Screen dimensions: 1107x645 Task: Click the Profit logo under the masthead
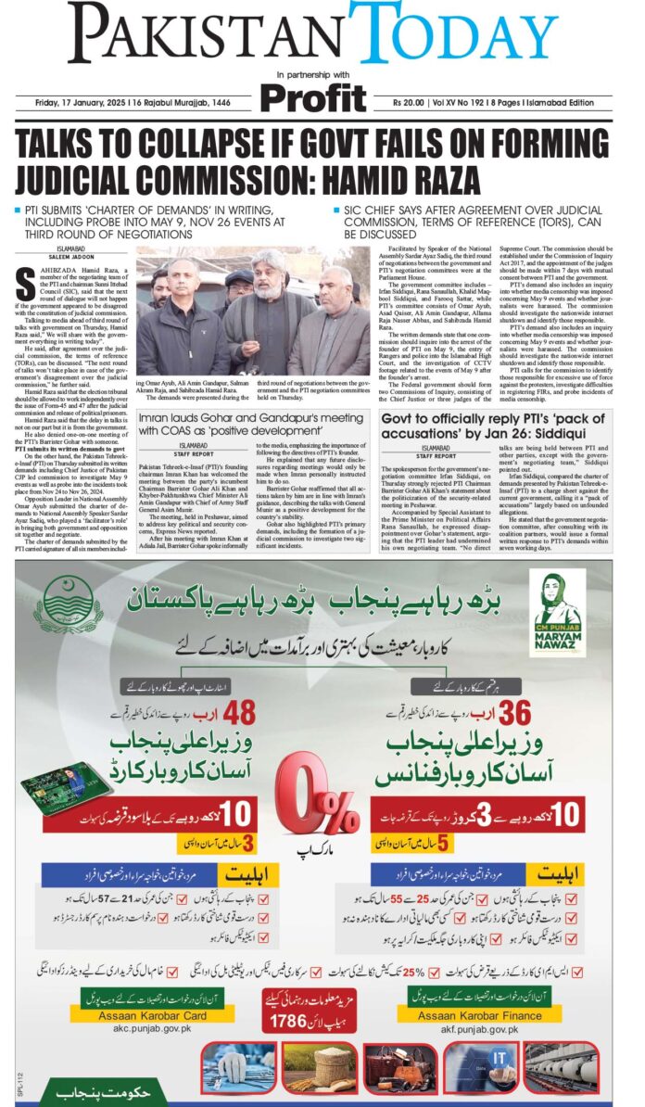click(x=312, y=97)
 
